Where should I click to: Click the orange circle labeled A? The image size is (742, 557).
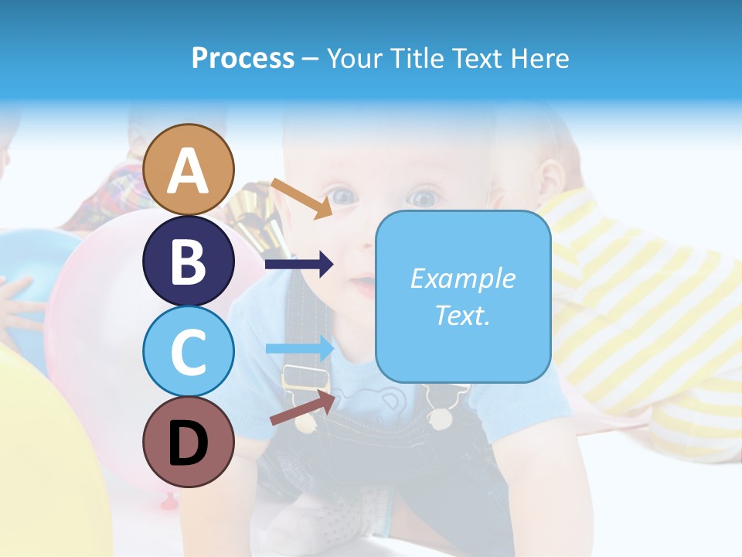coord(189,169)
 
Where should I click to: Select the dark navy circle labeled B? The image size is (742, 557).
coord(189,261)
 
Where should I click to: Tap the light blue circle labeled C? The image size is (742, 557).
coord(189,352)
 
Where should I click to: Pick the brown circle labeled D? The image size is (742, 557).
coord(189,443)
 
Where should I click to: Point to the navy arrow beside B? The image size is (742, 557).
coord(299,265)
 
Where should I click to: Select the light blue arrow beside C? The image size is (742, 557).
coord(299,348)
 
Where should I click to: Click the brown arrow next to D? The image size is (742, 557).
coord(302,408)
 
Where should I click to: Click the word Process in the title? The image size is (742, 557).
coord(243,58)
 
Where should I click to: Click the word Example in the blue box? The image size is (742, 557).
coord(462,278)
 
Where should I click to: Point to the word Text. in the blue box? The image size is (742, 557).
coord(462,315)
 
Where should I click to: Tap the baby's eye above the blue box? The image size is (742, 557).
coord(424,199)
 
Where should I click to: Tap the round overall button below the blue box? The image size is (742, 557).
coord(440,419)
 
